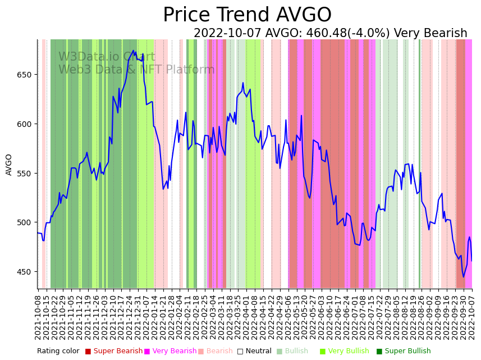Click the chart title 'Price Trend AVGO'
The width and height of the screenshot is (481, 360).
(247, 15)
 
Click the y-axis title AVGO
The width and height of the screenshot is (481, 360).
(9, 165)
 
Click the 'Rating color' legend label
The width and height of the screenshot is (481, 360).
(58, 352)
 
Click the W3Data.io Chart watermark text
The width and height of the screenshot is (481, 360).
(107, 57)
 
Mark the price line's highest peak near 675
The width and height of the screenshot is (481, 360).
(133, 51)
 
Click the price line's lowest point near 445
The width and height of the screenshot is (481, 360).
(464, 277)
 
